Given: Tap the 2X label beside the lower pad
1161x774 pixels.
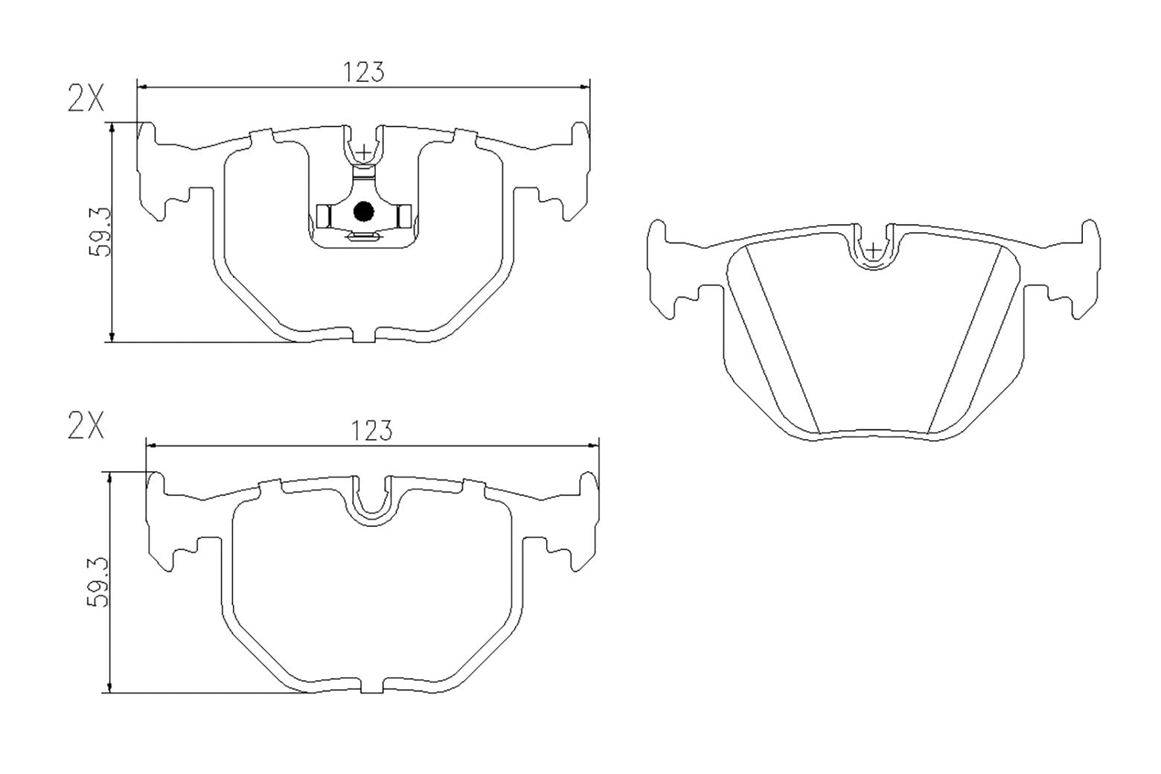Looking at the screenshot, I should point(86,427).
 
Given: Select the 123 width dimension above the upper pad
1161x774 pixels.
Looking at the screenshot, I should point(363,72).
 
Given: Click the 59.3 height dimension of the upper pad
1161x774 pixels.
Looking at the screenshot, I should point(99,232).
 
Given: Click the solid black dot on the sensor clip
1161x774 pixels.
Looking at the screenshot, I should point(363,212).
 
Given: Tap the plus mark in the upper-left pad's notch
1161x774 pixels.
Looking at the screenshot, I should point(363,153).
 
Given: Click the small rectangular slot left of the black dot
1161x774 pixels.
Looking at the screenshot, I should point(323,216).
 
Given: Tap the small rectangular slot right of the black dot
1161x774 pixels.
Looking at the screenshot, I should point(404,216).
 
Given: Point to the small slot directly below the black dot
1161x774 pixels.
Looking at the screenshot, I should point(364,237).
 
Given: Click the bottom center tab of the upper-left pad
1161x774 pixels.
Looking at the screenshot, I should point(363,336).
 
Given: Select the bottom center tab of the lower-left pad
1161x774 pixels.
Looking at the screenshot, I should point(372,688).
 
